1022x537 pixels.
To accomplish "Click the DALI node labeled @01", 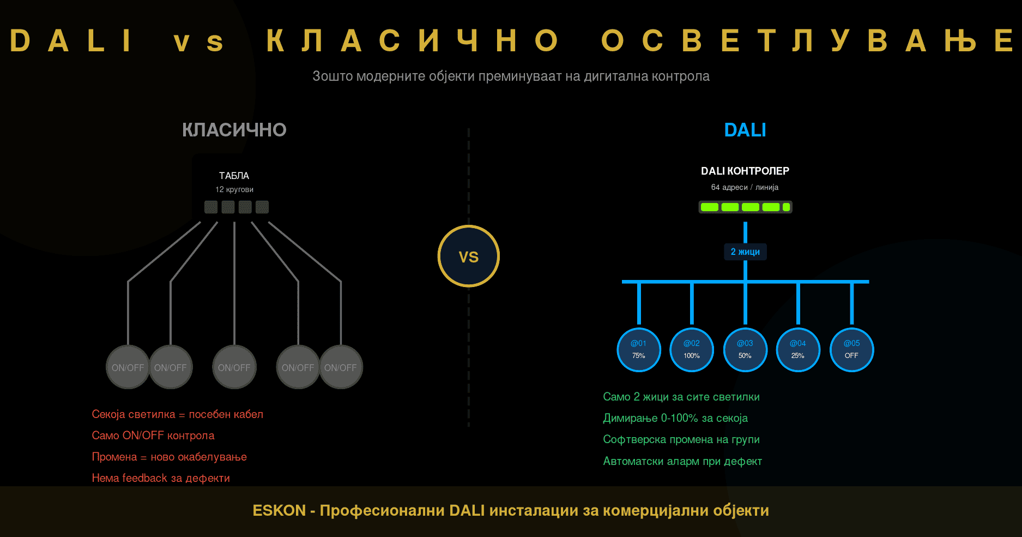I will [638, 350].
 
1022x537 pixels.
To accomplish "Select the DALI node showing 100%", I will [692, 350].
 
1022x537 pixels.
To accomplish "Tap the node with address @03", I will [745, 350].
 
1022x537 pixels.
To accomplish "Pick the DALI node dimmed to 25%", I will [798, 350].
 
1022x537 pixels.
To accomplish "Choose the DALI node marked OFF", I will [851, 350].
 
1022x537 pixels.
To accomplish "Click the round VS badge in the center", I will [468, 256].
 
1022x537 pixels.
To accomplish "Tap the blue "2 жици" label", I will [745, 252].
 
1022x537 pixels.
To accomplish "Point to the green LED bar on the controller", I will [745, 207].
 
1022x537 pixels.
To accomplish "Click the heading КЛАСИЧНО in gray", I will [234, 130].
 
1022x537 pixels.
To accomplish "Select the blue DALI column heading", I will [745, 130].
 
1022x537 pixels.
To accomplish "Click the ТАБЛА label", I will [234, 176].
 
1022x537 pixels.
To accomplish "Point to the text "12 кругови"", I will [234, 189].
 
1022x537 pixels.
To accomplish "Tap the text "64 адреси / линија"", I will [745, 187].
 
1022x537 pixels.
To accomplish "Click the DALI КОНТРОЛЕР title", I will [745, 171].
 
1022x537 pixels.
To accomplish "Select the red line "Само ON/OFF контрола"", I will [153, 435].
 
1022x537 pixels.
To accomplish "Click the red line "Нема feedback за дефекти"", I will [161, 478].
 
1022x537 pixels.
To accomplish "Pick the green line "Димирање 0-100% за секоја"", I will [675, 418].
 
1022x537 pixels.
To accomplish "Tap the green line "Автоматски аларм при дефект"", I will [682, 461].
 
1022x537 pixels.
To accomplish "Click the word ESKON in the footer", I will [279, 510].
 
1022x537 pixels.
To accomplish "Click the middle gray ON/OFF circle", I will [234, 367].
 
